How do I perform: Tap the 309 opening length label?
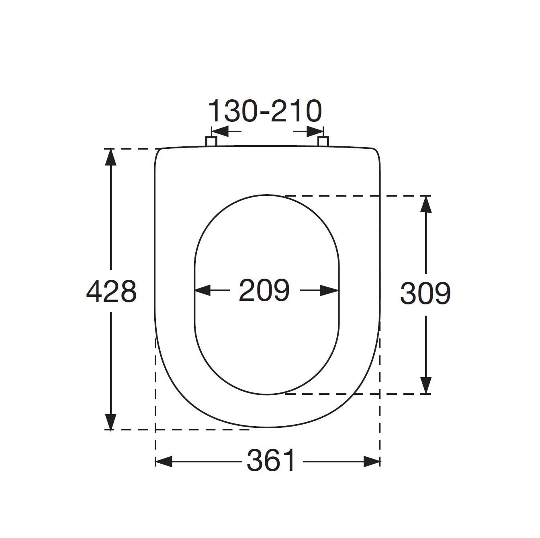[x=425, y=293]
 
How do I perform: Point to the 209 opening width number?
[x=264, y=290]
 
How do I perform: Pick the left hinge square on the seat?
[x=211, y=141]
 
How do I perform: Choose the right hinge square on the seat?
[x=323, y=141]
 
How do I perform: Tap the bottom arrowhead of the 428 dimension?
[x=110, y=422]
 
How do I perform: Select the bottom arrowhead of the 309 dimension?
[x=426, y=386]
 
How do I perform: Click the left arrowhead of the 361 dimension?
[x=164, y=461]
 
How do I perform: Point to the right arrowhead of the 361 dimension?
[x=371, y=461]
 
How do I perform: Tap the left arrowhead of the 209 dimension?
[x=202, y=290]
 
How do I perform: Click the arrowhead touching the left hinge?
[x=219, y=131]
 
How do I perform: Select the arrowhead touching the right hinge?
[x=315, y=131]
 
